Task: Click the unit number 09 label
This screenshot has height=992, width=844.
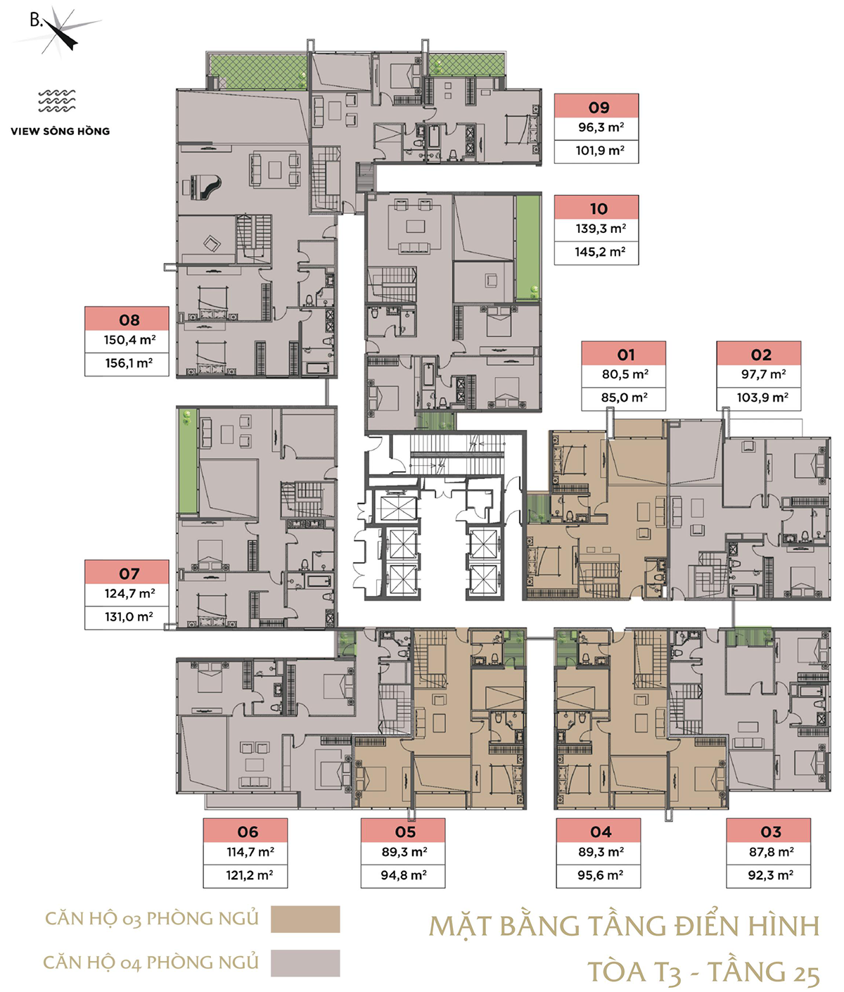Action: [x=599, y=108]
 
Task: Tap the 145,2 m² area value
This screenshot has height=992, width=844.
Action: [x=600, y=251]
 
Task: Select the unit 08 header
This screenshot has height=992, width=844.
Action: [x=129, y=320]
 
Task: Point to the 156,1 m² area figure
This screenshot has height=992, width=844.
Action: [x=129, y=363]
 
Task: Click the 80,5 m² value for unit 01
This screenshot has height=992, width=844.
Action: [x=625, y=374]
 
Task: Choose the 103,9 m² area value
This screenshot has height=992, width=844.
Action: [x=762, y=398]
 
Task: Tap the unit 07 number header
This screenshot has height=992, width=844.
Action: [x=129, y=573]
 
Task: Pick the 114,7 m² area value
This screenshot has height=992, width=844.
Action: [x=250, y=852]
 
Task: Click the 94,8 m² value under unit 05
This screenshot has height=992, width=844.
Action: [x=404, y=875]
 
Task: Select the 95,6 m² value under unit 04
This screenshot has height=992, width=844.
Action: [x=600, y=875]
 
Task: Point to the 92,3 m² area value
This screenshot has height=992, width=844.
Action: [x=770, y=875]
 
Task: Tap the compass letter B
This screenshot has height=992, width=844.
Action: [x=36, y=20]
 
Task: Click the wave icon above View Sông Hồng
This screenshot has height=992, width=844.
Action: [x=57, y=101]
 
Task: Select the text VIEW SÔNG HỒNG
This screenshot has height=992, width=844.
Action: [x=60, y=131]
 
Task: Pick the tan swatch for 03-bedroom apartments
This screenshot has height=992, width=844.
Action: [x=305, y=919]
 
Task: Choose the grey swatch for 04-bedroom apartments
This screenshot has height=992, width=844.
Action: [x=305, y=962]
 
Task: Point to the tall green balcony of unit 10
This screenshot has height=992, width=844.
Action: [x=527, y=248]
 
